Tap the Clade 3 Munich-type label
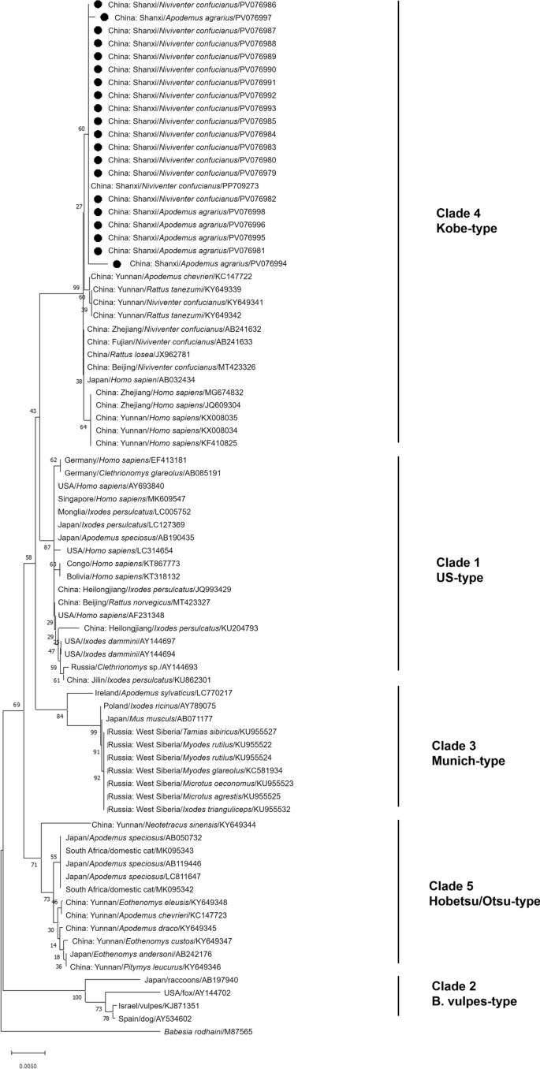pyautogui.click(x=471, y=753)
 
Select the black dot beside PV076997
pyautogui.click(x=104, y=17)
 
